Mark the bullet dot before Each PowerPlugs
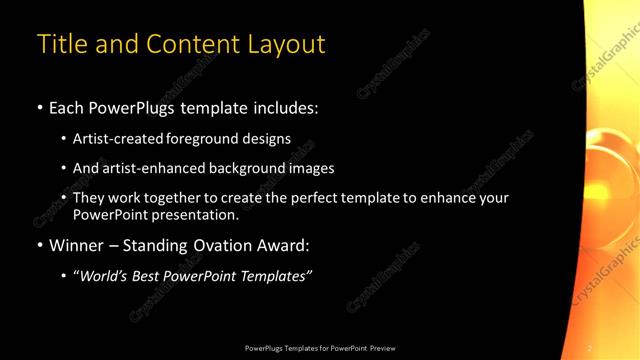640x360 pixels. coord(40,107)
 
